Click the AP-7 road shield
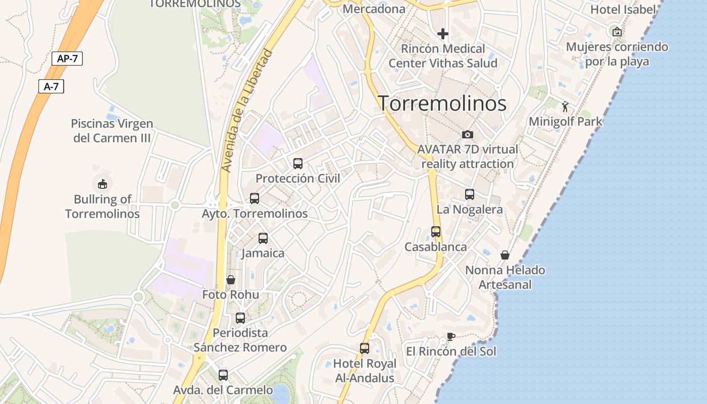click(x=67, y=59)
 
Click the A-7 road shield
click(x=51, y=86)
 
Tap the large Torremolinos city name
click(x=442, y=103)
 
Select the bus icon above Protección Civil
click(x=298, y=164)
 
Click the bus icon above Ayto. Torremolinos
click(x=255, y=198)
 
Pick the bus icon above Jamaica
click(x=263, y=238)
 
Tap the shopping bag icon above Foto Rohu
click(x=231, y=280)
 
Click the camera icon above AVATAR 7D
click(x=468, y=134)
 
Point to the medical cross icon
click(x=443, y=34)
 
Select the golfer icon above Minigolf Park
click(x=566, y=107)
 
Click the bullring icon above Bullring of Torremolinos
click(x=103, y=184)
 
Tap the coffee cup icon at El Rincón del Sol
click(x=451, y=336)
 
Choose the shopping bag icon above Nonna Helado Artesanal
click(x=505, y=255)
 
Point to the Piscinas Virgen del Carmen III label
click(x=112, y=131)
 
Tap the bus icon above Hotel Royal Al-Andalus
click(x=365, y=348)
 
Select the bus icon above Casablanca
click(x=436, y=232)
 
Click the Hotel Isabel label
click(x=623, y=9)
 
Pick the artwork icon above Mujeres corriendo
click(x=617, y=32)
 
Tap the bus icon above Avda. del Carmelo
click(x=223, y=375)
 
